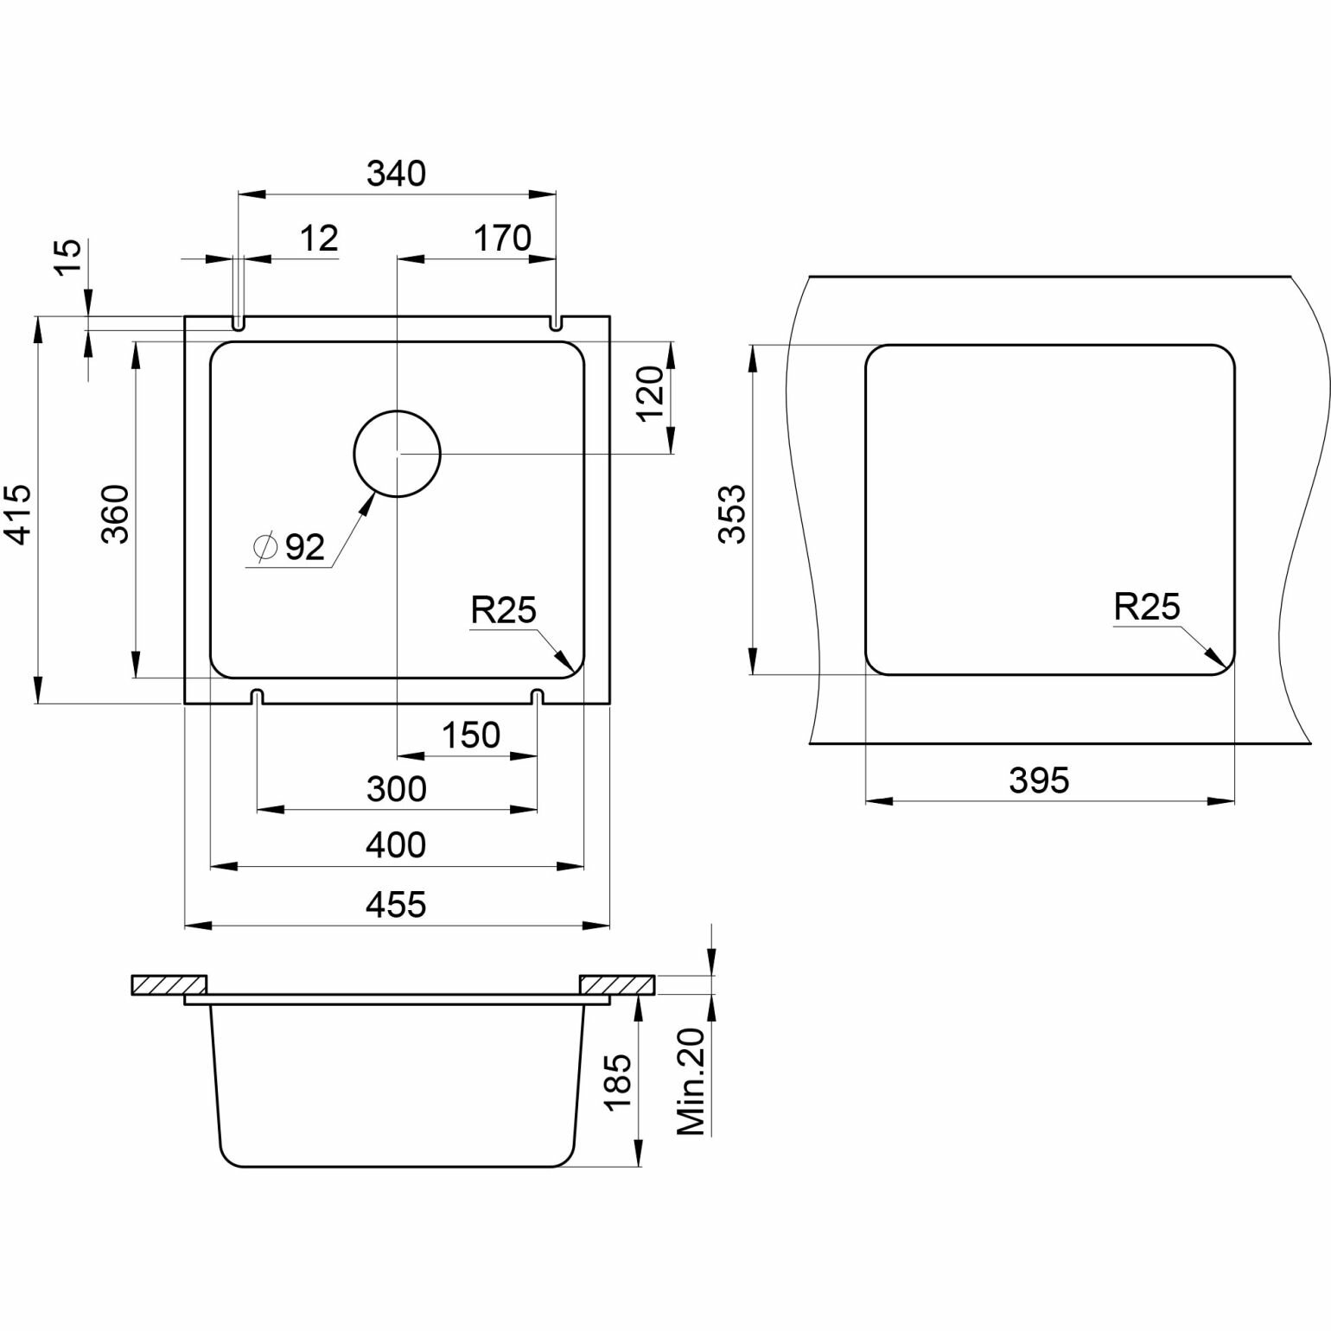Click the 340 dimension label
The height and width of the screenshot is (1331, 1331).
(x=397, y=175)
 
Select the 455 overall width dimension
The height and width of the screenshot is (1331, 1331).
(x=397, y=905)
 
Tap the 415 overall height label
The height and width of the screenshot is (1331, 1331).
(x=19, y=514)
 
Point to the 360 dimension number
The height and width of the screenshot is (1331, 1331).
(x=116, y=514)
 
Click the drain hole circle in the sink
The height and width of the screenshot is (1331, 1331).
(x=398, y=453)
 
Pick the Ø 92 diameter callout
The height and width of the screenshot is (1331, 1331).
(x=290, y=547)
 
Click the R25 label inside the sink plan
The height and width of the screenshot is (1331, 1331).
(x=503, y=610)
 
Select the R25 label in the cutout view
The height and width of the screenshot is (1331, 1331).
(x=1146, y=607)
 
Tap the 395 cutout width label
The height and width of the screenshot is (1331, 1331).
(x=1039, y=780)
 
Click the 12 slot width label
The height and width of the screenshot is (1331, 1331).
(x=320, y=239)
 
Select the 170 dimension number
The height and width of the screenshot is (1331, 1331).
(x=502, y=238)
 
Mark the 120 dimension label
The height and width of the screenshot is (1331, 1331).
(x=650, y=393)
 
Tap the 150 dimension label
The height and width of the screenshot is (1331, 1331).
(x=470, y=736)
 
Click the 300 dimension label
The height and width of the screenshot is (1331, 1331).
(x=397, y=789)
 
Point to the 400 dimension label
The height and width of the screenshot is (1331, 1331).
(x=397, y=844)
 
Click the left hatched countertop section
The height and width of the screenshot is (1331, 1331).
(x=169, y=984)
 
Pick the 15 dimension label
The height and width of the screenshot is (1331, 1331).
(x=69, y=257)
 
